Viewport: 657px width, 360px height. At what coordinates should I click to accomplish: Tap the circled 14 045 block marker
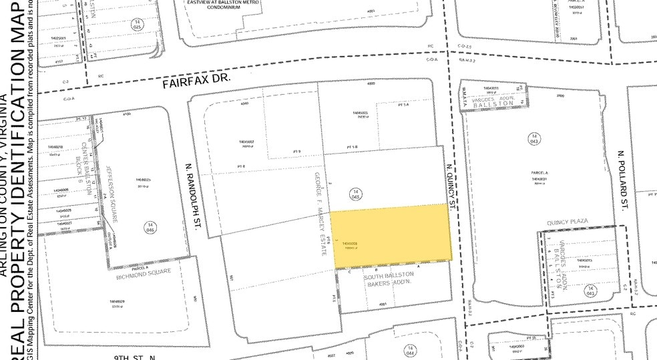pyautogui.click(x=355, y=194)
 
